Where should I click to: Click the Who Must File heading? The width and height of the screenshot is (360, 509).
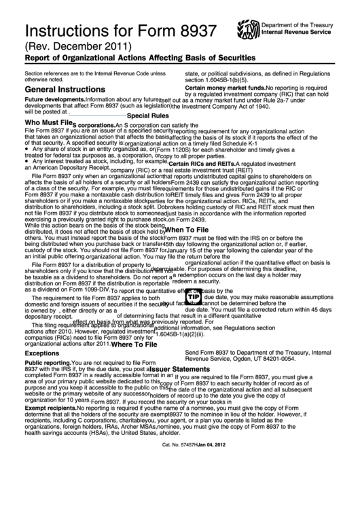48,123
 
